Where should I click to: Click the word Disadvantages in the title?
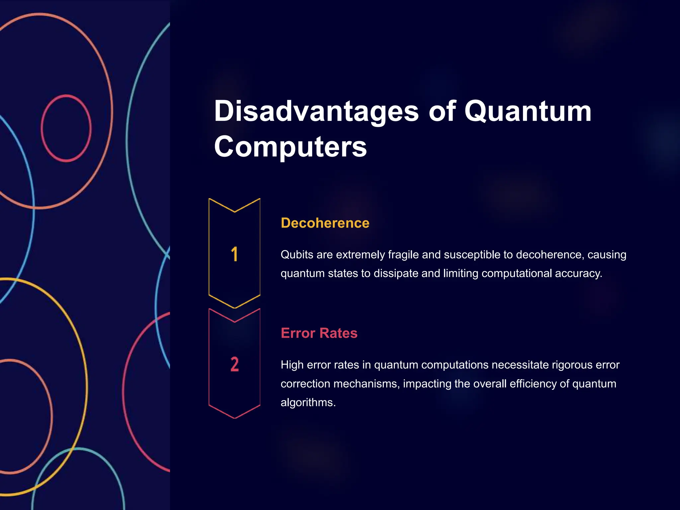(316, 112)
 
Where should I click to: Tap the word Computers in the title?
(291, 147)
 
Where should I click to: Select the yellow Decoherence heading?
(325, 223)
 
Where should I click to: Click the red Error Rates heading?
(319, 333)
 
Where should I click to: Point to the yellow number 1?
(234, 254)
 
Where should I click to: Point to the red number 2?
(234, 364)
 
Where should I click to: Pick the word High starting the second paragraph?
(292, 365)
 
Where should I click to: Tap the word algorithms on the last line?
(308, 402)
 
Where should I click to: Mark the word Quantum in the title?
(527, 112)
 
